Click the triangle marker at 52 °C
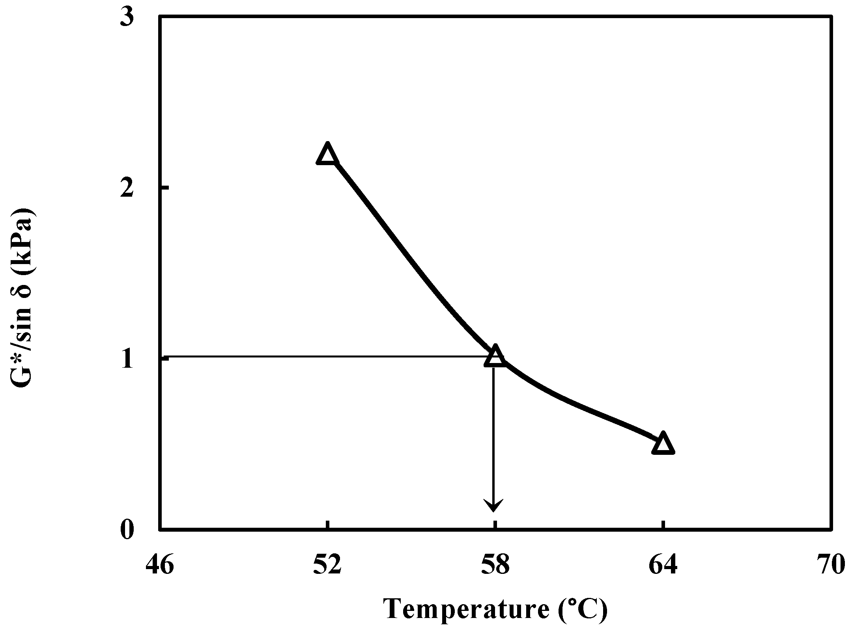point(327,154)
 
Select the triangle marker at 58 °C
point(494,356)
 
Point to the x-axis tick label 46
point(160,566)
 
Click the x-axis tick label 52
point(327,566)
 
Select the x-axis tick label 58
point(495,566)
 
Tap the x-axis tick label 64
point(663,566)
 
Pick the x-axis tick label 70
point(830,566)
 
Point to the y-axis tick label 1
point(127,359)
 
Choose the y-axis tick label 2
point(127,188)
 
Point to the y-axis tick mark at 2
point(164,188)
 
